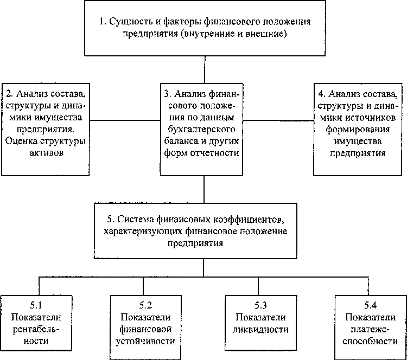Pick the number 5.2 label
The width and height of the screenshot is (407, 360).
[x=144, y=305]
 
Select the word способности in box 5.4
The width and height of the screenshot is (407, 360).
[x=370, y=342]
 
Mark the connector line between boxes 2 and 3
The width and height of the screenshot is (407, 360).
[x=125, y=120]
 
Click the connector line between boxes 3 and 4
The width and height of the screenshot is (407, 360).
[x=278, y=120]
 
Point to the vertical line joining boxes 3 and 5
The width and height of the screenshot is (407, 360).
[x=204, y=189]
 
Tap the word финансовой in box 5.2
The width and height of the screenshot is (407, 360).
[x=144, y=329]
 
